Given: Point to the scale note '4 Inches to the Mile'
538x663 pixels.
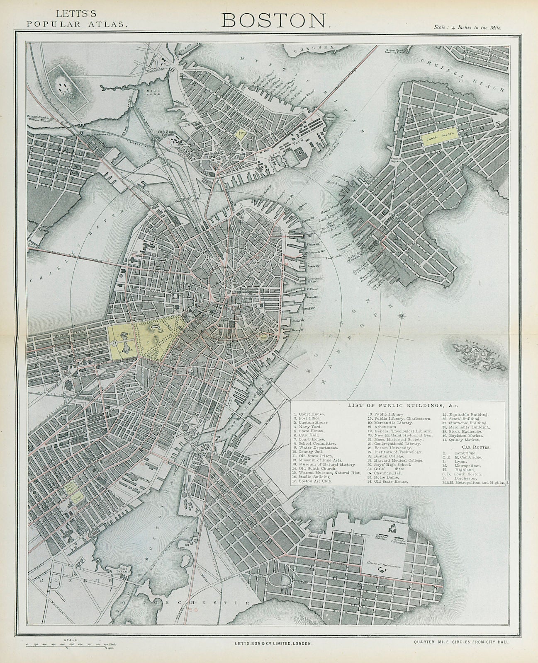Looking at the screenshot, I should click(x=468, y=28).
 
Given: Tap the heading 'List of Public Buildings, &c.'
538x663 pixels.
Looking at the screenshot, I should click(x=398, y=406).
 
